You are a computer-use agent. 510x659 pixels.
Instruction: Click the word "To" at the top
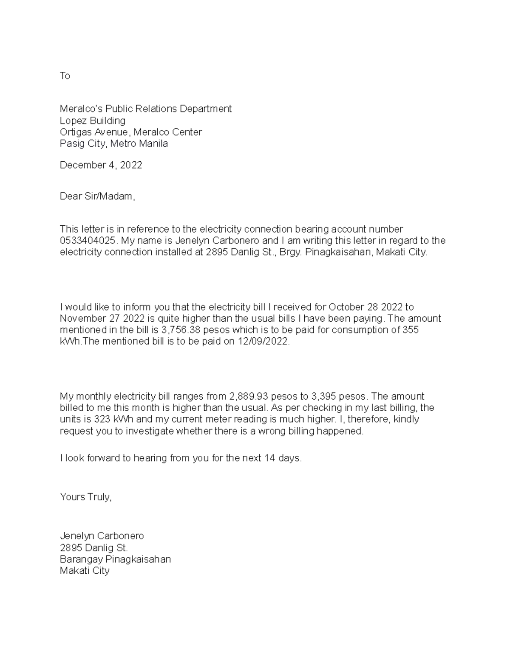pyautogui.click(x=65, y=76)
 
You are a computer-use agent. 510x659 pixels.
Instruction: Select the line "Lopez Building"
pyautogui.click(x=92, y=121)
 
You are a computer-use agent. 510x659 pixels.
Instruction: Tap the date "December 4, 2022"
pyautogui.click(x=101, y=165)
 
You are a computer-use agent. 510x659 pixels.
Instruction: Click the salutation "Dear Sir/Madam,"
pyautogui.click(x=97, y=196)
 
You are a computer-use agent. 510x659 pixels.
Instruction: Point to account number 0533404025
pyautogui.click(x=88, y=241)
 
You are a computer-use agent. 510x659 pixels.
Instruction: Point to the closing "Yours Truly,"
pyautogui.click(x=85, y=497)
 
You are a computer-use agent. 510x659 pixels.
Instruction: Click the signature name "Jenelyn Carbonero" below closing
pyautogui.click(x=102, y=536)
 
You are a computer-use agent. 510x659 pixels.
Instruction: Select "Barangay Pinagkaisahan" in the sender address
pyautogui.click(x=115, y=559)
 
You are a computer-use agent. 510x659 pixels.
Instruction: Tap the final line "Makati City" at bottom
pyautogui.click(x=85, y=570)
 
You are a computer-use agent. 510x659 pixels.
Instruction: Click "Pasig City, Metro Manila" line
pyautogui.click(x=113, y=143)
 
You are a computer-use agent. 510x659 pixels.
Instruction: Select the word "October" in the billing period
pyautogui.click(x=346, y=307)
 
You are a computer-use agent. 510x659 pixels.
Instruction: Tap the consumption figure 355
pyautogui.click(x=410, y=330)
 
